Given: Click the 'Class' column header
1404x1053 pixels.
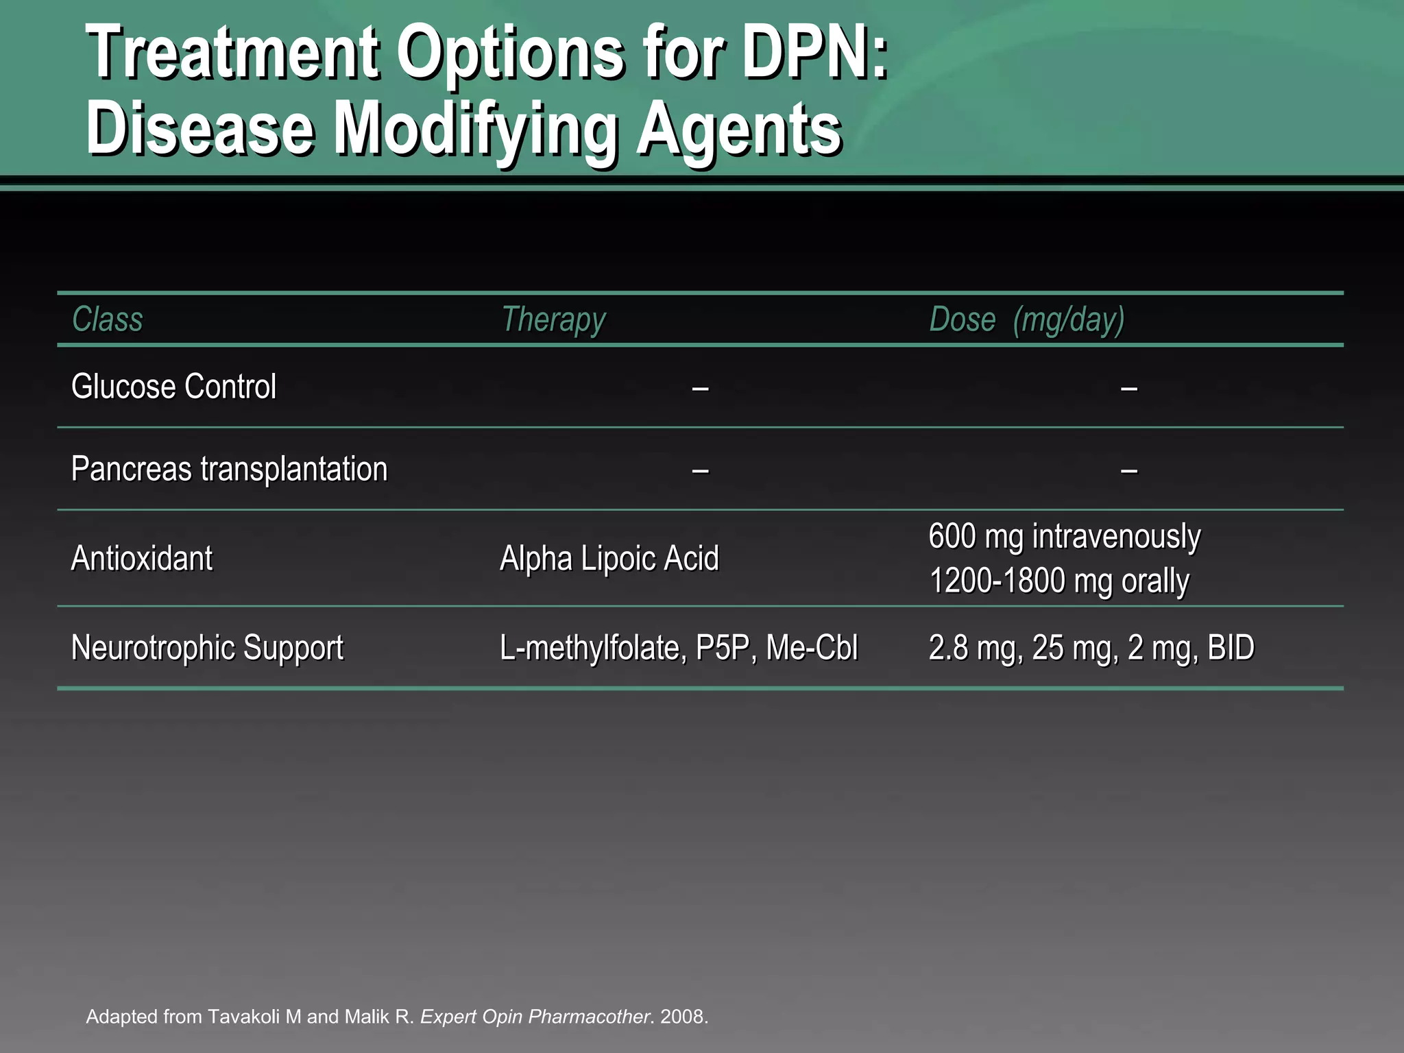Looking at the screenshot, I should pyautogui.click(x=108, y=319).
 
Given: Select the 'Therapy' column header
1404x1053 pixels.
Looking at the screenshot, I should pyautogui.click(x=553, y=319).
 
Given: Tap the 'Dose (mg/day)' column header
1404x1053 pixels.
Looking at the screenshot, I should pyautogui.click(x=1026, y=319).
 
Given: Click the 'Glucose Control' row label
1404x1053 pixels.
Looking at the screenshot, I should pyautogui.click(x=173, y=387).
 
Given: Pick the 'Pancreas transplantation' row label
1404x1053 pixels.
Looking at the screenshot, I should pyautogui.click(x=229, y=470).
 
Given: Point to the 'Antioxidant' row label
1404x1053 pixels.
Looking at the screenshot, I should pyautogui.click(x=142, y=558).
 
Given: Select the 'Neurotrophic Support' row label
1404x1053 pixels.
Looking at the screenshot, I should pyautogui.click(x=207, y=648).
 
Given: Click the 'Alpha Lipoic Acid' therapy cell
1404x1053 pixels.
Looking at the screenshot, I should pyautogui.click(x=609, y=558).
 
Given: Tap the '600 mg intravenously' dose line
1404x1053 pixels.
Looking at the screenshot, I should pyautogui.click(x=1064, y=536).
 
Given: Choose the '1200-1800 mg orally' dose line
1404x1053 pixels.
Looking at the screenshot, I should pyautogui.click(x=1058, y=581).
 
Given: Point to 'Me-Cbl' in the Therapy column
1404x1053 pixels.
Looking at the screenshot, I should pyautogui.click(x=812, y=648).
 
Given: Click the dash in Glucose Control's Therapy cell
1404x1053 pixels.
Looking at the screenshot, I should pyautogui.click(x=700, y=389).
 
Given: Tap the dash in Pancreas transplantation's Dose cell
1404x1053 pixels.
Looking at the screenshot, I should pyautogui.click(x=1129, y=471).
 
